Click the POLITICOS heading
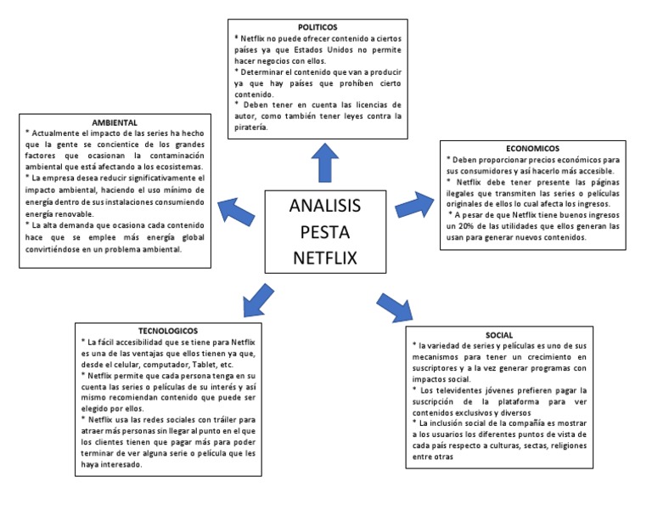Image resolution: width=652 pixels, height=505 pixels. (318, 28)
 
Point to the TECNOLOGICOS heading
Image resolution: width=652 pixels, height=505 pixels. (167, 330)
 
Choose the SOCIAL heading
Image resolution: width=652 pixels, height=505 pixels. (500, 334)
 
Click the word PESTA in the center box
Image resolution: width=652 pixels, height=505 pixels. (323, 231)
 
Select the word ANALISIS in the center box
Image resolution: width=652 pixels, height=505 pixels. (323, 206)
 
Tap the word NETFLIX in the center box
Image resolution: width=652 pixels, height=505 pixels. (323, 257)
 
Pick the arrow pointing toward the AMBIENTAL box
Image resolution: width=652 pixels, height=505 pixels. (237, 211)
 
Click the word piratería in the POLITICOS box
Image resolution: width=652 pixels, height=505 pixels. (250, 128)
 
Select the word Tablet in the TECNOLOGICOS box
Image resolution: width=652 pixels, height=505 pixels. (200, 363)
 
